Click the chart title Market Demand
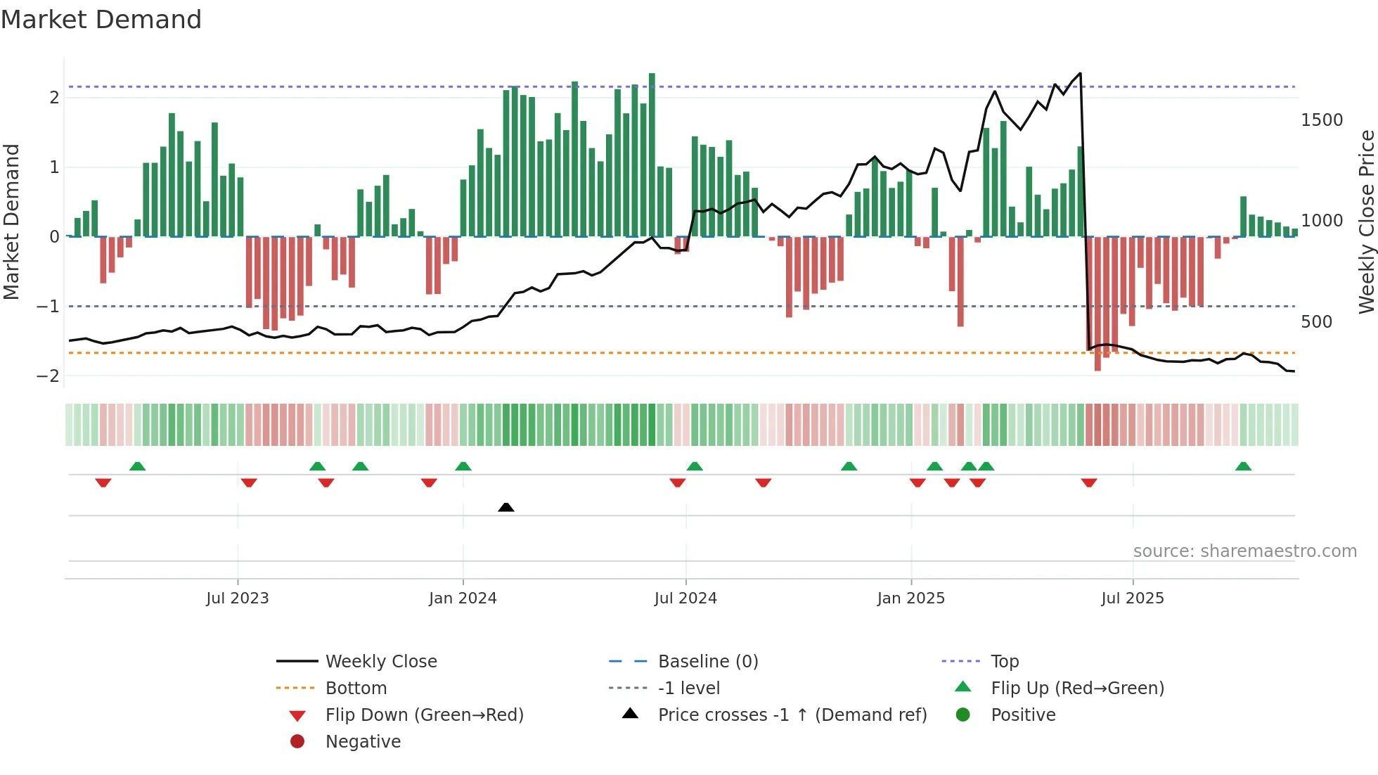coord(101,20)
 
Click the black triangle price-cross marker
coord(506,507)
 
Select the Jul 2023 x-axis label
coord(238,598)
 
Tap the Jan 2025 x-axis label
coord(911,598)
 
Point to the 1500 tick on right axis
coord(1322,120)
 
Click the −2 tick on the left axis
coord(48,376)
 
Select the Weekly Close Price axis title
coord(1366,222)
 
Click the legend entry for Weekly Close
coord(380,662)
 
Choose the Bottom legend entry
coord(356,688)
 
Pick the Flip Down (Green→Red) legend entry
coord(424,715)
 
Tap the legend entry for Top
coord(1005,662)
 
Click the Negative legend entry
coord(363,742)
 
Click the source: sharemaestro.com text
coord(1244,551)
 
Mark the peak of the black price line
coord(1080,73)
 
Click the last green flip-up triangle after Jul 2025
coord(1243,466)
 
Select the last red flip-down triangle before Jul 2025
coord(1089,482)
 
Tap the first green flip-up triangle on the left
coord(138,466)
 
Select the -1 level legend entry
coord(688,688)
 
